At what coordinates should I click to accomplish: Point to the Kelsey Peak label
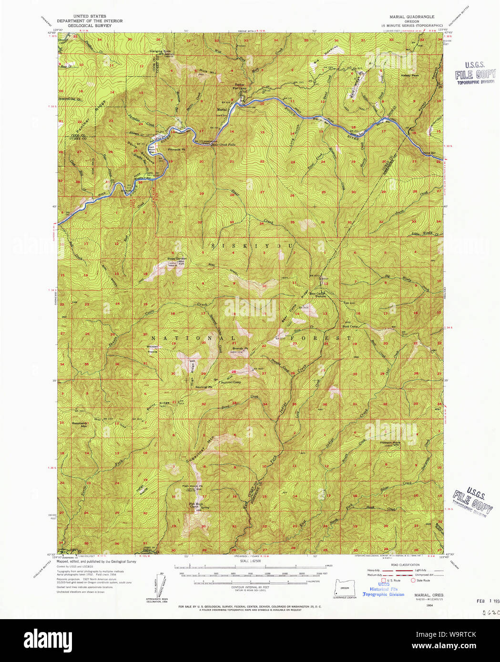(x=409, y=75)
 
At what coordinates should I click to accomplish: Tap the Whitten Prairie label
(x=153, y=348)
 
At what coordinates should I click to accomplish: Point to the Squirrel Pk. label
(x=204, y=387)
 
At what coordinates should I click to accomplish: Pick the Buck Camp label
(x=350, y=326)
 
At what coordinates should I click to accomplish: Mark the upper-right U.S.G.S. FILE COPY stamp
(x=475, y=73)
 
